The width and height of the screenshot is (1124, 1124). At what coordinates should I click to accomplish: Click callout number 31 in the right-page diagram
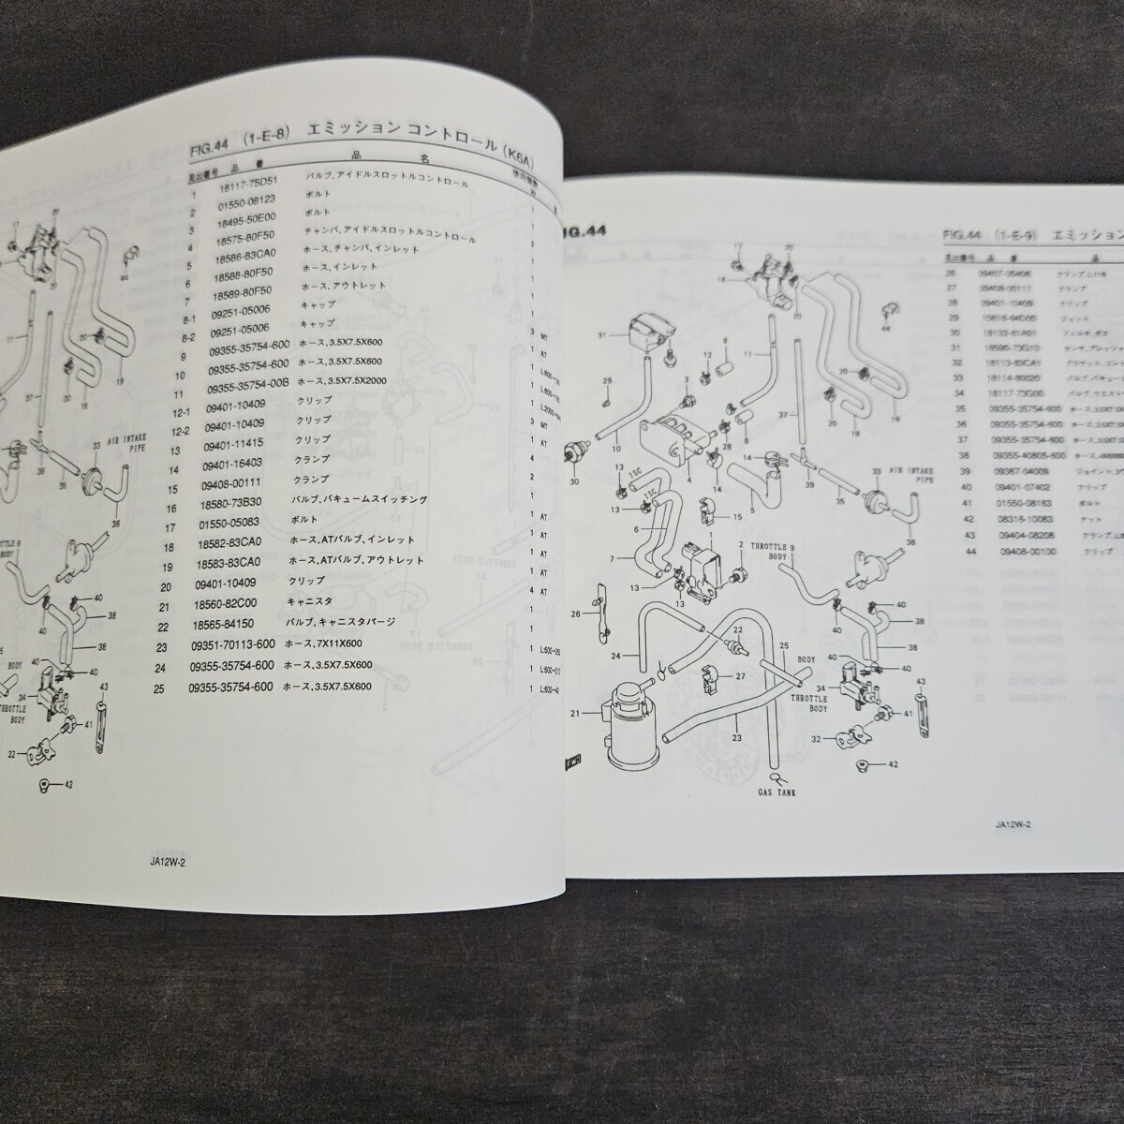point(603,337)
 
